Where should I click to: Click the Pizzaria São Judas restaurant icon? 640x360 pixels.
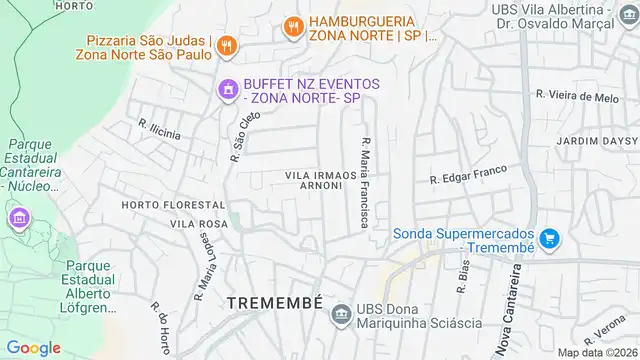(x=227, y=44)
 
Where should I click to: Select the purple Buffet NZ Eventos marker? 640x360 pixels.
(x=228, y=91)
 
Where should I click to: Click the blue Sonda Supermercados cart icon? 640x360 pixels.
(x=548, y=239)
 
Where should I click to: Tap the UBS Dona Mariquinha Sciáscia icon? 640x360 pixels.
(x=341, y=314)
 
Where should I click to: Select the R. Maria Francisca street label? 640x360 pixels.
(x=366, y=181)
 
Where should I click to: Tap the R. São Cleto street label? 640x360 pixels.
(x=245, y=136)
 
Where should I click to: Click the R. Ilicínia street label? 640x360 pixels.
(x=159, y=132)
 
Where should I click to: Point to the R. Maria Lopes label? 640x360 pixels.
(x=207, y=265)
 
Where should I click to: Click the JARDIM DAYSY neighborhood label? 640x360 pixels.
(x=596, y=141)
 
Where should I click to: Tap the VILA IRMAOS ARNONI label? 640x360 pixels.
(x=320, y=181)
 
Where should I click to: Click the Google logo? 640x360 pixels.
(x=34, y=347)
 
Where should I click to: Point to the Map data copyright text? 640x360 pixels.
(x=597, y=352)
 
